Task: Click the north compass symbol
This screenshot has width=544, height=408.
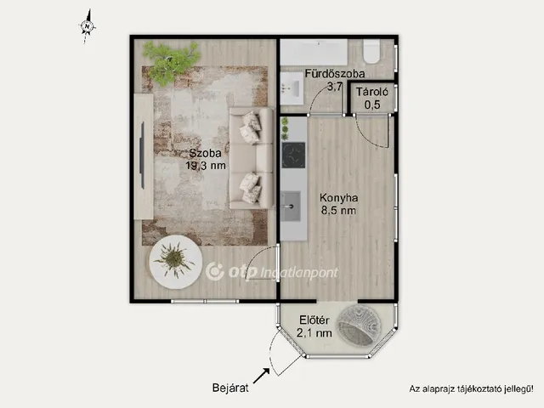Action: pyautogui.click(x=88, y=26)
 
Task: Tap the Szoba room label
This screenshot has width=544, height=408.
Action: pyautogui.click(x=205, y=153)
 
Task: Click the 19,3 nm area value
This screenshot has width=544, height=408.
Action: pyautogui.click(x=206, y=166)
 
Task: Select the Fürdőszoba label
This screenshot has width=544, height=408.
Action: pyautogui.click(x=335, y=74)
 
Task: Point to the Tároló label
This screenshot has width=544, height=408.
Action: pyautogui.click(x=372, y=92)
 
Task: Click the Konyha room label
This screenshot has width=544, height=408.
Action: pyautogui.click(x=338, y=198)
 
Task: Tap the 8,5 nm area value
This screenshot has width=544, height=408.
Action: pyautogui.click(x=338, y=210)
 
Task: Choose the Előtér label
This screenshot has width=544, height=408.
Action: pyautogui.click(x=314, y=320)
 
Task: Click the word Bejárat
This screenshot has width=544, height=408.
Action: pyautogui.click(x=230, y=388)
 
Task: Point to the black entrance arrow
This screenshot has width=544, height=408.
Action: pyautogui.click(x=262, y=376)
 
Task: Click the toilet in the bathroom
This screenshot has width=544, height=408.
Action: pyautogui.click(x=371, y=51)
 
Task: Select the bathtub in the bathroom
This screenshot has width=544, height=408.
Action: pyautogui.click(x=314, y=52)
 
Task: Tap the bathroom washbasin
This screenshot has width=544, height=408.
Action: pyautogui.click(x=292, y=88)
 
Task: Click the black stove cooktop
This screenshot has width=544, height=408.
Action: pyautogui.click(x=293, y=155)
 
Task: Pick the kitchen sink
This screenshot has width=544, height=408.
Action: pyautogui.click(x=291, y=206)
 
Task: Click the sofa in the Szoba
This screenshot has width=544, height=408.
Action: pyautogui.click(x=252, y=158)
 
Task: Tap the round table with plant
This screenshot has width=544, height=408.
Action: pyautogui.click(x=176, y=262)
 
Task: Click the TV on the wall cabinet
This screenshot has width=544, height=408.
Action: pyautogui.click(x=142, y=155)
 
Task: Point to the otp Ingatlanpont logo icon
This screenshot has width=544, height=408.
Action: pyautogui.click(x=215, y=272)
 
